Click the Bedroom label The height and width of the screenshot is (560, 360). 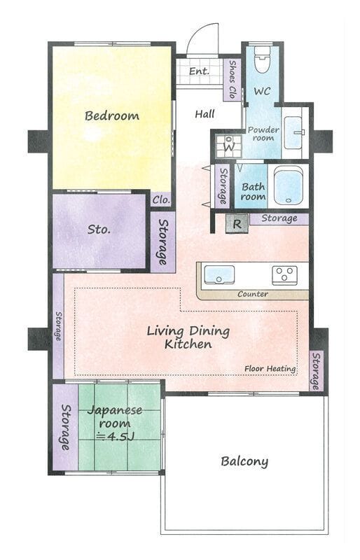click(112, 115)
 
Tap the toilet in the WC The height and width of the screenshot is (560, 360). click(262, 59)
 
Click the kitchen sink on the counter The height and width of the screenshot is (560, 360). click(219, 274)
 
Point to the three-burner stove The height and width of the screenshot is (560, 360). click(284, 275)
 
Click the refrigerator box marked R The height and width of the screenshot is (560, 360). click(237, 224)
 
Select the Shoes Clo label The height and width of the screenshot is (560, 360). click(232, 79)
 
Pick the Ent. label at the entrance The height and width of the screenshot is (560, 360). click(199, 71)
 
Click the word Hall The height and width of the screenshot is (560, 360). click(205, 114)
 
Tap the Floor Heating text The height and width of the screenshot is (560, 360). click(270, 369)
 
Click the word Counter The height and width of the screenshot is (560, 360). click(253, 294)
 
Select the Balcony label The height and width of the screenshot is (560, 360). click(244, 461)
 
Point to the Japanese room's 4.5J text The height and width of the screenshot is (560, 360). click(116, 436)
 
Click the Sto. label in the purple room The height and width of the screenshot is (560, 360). click(99, 230)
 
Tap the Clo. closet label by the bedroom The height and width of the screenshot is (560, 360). click(161, 200)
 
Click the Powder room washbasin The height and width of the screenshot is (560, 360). click(293, 133)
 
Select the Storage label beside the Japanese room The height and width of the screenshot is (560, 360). click(65, 427)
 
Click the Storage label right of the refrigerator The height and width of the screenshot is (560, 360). click(279, 218)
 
